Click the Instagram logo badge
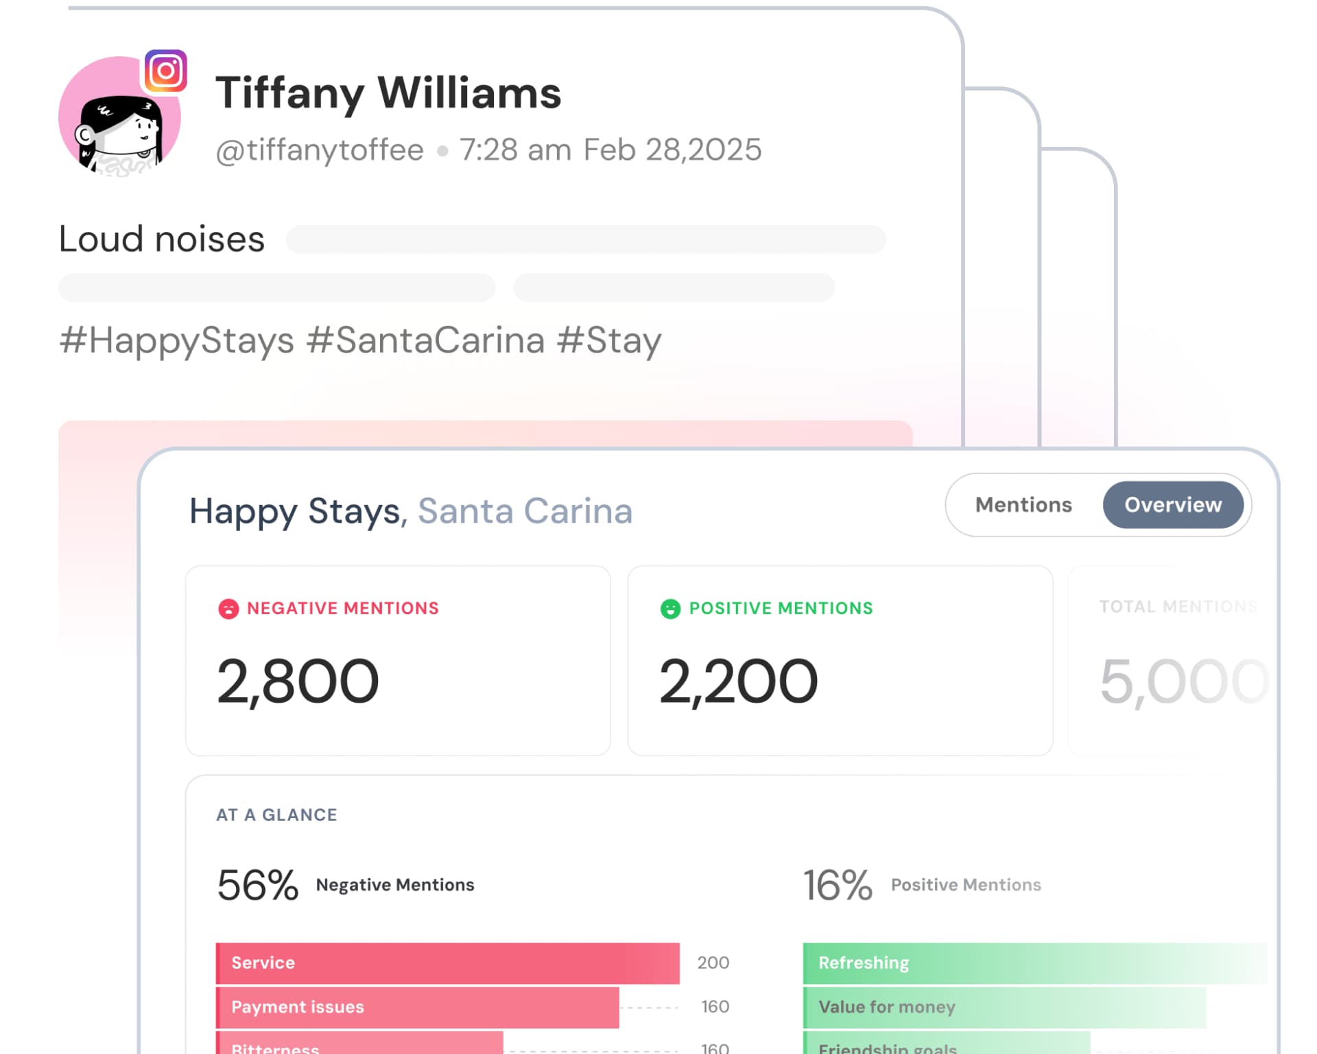pyautogui.click(x=165, y=71)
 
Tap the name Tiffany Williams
pyautogui.click(x=388, y=93)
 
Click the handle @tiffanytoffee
pyautogui.click(x=320, y=150)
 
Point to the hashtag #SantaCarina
pyautogui.click(x=425, y=340)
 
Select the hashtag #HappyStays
pyautogui.click(x=177, y=340)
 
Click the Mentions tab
pyautogui.click(x=1023, y=505)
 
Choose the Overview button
pyautogui.click(x=1173, y=505)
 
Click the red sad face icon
pyautogui.click(x=228, y=609)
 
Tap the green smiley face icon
pyautogui.click(x=670, y=609)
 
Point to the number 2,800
pyautogui.click(x=298, y=681)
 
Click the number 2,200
pyautogui.click(x=738, y=681)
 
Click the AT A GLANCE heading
pyautogui.click(x=276, y=815)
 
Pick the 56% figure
pyautogui.click(x=258, y=885)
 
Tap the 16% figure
pyautogui.click(x=838, y=885)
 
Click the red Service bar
pyautogui.click(x=447, y=963)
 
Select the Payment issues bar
pyautogui.click(x=417, y=1007)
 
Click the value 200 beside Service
pyautogui.click(x=713, y=963)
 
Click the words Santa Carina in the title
pyautogui.click(x=525, y=511)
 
